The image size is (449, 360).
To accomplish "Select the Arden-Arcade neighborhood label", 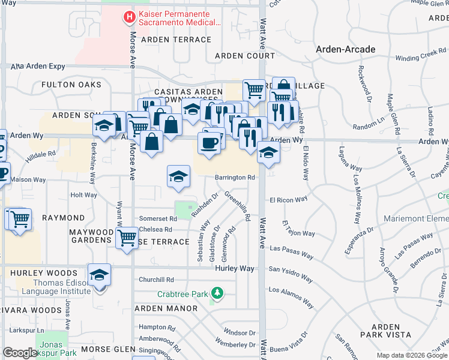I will tap(346, 49).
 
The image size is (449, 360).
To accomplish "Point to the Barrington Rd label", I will tap(235, 178).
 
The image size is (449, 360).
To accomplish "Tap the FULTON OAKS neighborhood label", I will tap(71, 85).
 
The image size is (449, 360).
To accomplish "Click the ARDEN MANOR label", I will tap(166, 308).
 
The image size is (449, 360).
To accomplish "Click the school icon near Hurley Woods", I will tap(100, 275).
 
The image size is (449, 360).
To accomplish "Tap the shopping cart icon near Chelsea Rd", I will tap(127, 238).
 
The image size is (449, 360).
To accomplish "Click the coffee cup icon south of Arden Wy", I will tap(209, 143).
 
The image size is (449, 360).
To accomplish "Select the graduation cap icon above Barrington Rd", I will tap(178, 176).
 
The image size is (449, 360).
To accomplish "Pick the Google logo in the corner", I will tap(20, 352).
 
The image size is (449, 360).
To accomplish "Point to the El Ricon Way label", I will tap(288, 199).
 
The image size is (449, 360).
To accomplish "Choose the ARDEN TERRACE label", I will tap(176, 40).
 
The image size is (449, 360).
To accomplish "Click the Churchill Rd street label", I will tap(155, 280).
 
